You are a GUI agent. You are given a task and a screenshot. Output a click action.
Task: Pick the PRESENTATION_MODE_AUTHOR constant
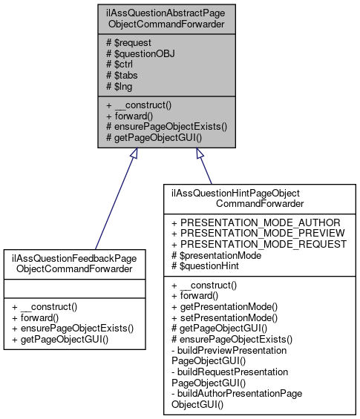point(255,222)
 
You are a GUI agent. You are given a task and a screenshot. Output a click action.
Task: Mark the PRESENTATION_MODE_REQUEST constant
point(258,243)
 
